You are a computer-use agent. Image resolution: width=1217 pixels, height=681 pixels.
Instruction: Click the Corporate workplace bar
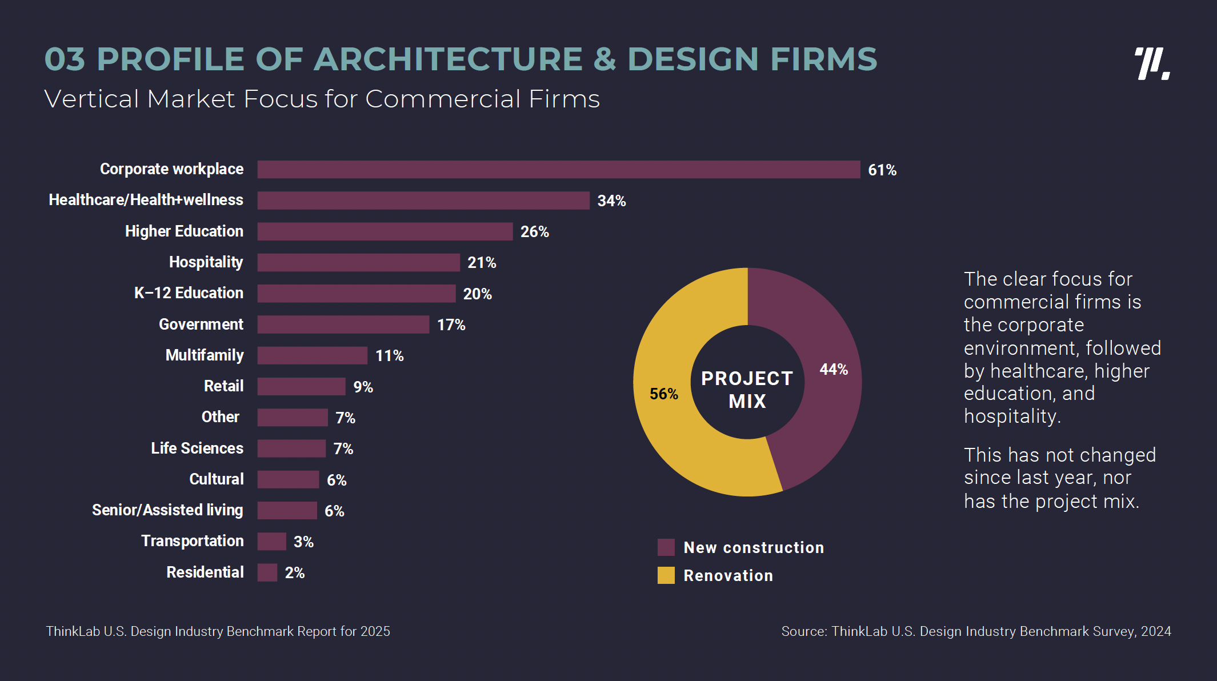click(558, 170)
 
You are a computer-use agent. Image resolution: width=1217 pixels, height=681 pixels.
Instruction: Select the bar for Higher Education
click(385, 231)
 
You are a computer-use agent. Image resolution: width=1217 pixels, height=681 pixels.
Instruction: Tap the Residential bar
click(267, 572)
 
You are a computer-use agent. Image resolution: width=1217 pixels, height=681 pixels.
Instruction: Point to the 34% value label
click(611, 201)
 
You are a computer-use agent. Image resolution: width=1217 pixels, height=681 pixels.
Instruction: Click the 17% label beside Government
click(451, 325)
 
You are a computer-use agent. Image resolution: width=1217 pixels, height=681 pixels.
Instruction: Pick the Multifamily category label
click(205, 355)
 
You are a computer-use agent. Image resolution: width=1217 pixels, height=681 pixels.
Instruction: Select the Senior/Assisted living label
click(167, 510)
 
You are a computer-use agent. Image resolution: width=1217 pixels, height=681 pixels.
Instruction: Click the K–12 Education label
click(189, 293)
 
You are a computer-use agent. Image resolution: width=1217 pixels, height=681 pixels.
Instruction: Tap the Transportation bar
click(271, 542)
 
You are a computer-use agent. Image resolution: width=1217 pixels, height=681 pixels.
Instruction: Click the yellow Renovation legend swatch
click(666, 575)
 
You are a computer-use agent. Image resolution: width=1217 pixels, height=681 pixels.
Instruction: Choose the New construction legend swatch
click(666, 547)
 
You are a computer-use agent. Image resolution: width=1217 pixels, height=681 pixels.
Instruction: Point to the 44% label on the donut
click(834, 370)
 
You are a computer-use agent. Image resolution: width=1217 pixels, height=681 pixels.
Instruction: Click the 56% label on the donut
click(663, 394)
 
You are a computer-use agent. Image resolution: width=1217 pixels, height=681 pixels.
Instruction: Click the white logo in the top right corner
click(1152, 63)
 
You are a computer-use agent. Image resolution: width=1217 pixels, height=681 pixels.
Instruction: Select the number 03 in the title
click(65, 59)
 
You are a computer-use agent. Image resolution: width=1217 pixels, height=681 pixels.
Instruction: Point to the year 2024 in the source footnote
click(1156, 631)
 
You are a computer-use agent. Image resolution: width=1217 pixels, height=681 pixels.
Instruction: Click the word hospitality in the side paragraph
click(1011, 416)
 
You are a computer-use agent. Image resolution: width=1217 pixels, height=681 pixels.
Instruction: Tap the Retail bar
click(301, 387)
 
